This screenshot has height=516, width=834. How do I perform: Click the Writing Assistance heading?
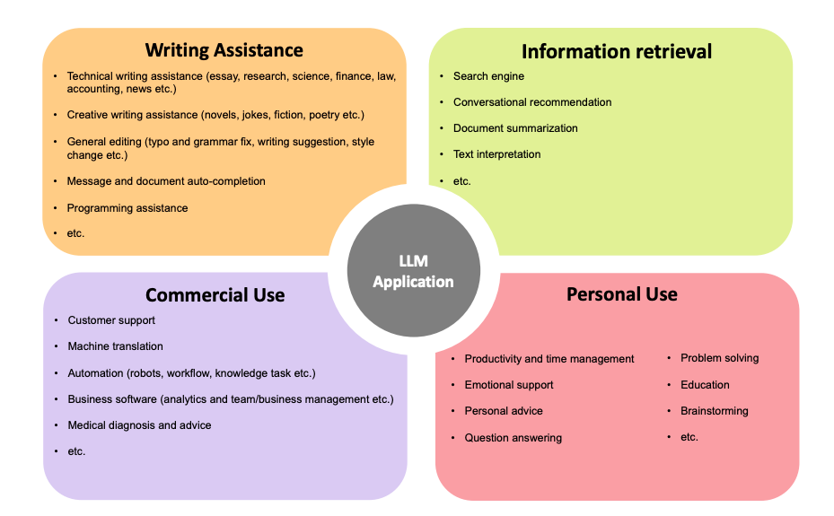coord(224,50)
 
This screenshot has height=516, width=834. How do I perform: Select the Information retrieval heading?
coord(616,52)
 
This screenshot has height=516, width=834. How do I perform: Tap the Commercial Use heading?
coord(215,295)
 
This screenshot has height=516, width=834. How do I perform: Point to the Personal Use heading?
coord(621,294)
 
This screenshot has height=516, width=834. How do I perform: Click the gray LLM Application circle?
coord(413,271)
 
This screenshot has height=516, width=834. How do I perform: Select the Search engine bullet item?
coord(488,76)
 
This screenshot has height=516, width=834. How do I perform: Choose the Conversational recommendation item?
coord(532,102)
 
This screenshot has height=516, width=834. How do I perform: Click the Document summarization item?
coord(515,128)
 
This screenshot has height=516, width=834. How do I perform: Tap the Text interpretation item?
coord(496,154)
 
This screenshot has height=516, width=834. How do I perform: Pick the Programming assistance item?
coord(127,208)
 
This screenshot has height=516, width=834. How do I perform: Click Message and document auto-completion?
coord(166,181)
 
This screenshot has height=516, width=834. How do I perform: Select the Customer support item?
coord(111,320)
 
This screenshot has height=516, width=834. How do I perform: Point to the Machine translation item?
coord(115,346)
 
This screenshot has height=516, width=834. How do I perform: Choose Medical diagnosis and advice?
coord(139,425)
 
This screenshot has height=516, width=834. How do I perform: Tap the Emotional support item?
coord(508,385)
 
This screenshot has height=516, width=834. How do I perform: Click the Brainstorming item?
coord(714,411)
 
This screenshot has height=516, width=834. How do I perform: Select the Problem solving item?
coord(719,358)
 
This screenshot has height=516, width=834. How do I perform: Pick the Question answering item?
coord(513,438)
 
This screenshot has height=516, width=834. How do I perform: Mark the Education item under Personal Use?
coord(705,385)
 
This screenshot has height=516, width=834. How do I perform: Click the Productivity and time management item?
coord(549,359)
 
